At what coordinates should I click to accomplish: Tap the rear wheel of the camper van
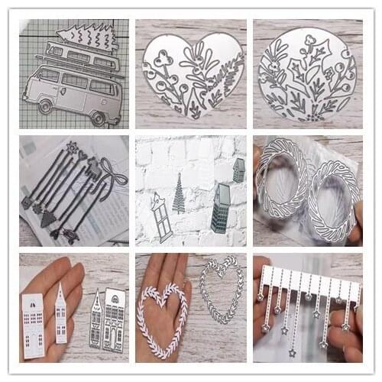coord(99,118)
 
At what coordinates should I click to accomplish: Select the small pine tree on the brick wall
coord(178,193)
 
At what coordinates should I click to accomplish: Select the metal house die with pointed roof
coord(97,321)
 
